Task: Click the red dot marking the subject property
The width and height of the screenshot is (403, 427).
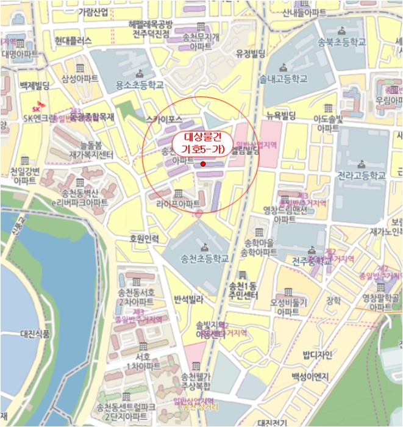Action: point(203,164)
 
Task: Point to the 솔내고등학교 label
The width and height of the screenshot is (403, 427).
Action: point(283,79)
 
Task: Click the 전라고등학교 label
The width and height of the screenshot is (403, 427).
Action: point(362,175)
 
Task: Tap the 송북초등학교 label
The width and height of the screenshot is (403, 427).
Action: point(342,42)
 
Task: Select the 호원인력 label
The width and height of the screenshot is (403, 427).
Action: point(144,239)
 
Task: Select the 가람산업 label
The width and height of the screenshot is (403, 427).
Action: point(93,12)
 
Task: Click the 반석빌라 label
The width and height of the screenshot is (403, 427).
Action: point(189,299)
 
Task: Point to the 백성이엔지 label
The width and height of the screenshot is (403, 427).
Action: point(309,376)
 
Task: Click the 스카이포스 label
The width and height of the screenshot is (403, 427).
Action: point(166,120)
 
